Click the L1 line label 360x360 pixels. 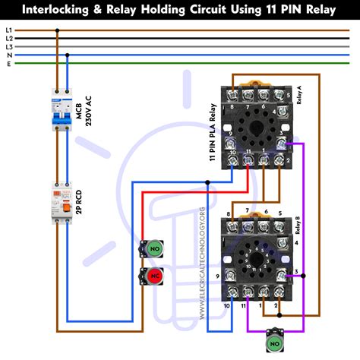pyautogui.click(x=9, y=30)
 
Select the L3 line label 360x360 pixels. pyautogui.click(x=9, y=46)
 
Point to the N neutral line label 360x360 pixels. pyautogui.click(x=9, y=55)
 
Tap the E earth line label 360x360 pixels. pyautogui.click(x=9, y=63)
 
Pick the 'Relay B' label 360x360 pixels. pyautogui.click(x=297, y=228)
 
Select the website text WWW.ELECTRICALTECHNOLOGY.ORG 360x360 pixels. pyautogui.click(x=202, y=262)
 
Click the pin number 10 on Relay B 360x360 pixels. pyautogui.click(x=226, y=305)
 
